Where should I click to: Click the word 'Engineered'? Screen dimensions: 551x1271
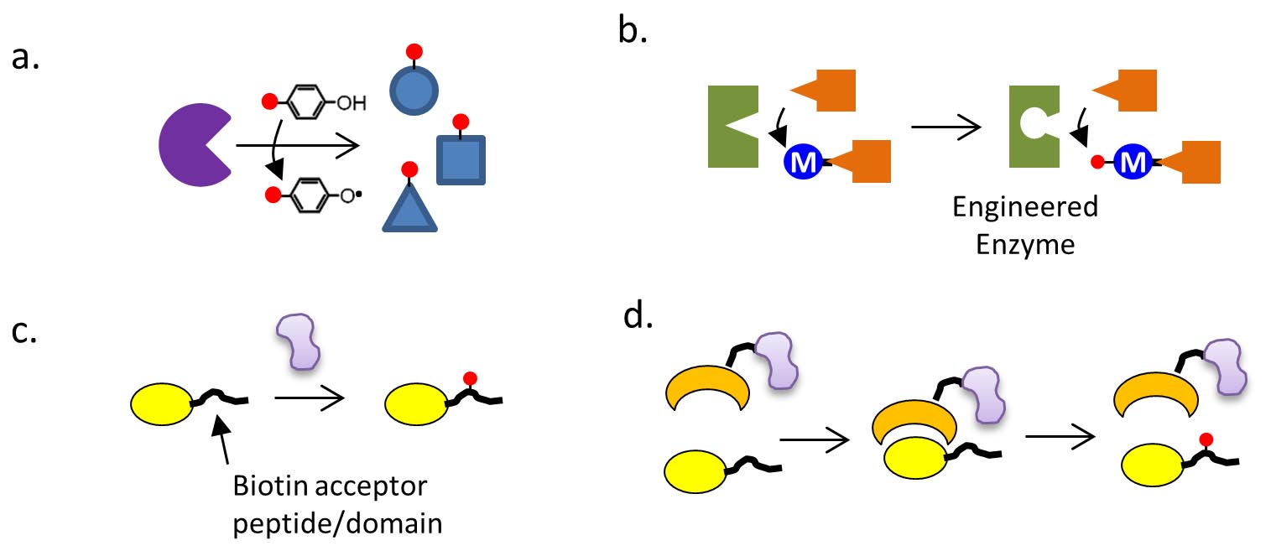[x=1024, y=207]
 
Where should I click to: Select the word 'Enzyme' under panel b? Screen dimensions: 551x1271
[x=1024, y=246]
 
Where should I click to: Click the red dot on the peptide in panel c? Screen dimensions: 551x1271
[x=471, y=378]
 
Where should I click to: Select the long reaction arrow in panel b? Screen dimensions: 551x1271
[x=945, y=128]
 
